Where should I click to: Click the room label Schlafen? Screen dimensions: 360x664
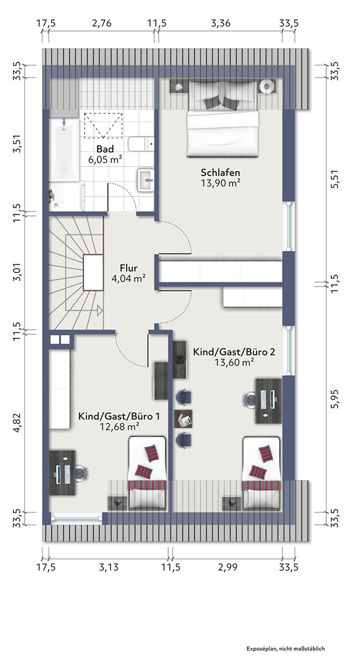[x=220, y=172]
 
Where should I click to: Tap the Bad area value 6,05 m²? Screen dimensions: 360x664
[x=105, y=159]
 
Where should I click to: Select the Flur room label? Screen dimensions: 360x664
[x=129, y=268]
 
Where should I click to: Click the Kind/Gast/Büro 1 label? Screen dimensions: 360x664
[x=119, y=416]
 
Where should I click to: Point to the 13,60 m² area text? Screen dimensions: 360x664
[x=234, y=362]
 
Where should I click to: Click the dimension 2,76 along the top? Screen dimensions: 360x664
[x=102, y=23]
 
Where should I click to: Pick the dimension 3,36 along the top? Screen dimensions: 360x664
[x=221, y=23]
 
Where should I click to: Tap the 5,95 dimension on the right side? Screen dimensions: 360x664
[x=335, y=399]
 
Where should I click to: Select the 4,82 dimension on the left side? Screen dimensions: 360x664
[x=17, y=422]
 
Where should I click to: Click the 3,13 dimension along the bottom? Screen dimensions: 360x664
[x=108, y=567]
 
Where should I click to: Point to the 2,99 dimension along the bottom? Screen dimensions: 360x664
[x=227, y=567]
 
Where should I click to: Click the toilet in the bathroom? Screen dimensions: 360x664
[x=141, y=144]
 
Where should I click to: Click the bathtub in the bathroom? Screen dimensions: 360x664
[x=64, y=149]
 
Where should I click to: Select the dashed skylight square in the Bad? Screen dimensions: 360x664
[x=103, y=125]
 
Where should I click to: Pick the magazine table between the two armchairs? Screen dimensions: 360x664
[x=183, y=419]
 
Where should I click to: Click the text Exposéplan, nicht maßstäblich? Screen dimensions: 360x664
[x=286, y=649]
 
